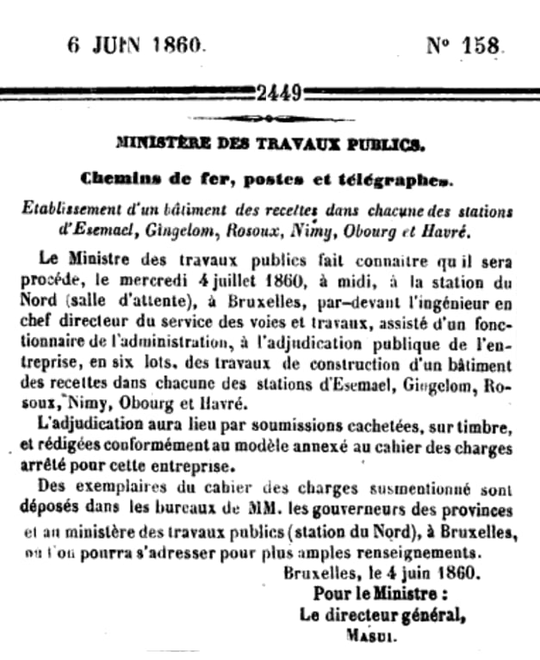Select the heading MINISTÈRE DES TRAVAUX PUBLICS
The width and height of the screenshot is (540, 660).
pos(270,143)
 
